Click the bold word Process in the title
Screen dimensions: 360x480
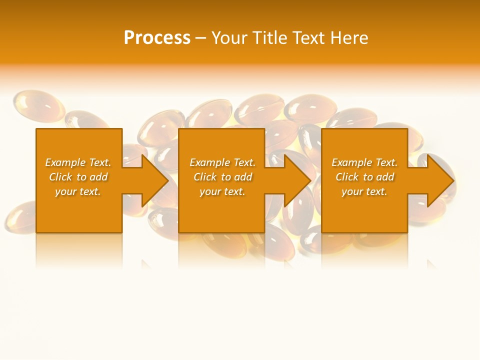[x=157, y=38]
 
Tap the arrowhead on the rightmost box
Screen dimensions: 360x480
[x=438, y=180]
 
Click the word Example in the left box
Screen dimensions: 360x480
[x=65, y=162]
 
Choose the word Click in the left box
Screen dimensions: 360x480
[x=60, y=177]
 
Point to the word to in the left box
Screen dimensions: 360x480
[x=82, y=177]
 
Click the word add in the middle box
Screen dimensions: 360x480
[x=243, y=177]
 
